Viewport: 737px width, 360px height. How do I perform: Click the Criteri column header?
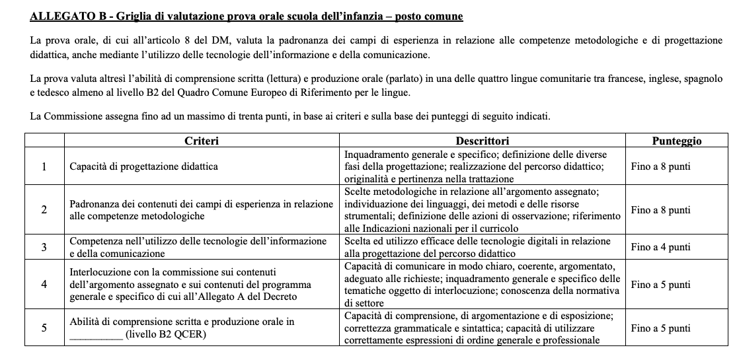(x=202, y=141)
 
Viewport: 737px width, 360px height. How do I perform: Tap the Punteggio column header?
(x=676, y=141)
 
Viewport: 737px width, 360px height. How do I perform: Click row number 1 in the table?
(x=44, y=167)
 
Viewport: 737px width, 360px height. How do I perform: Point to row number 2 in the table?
(x=44, y=210)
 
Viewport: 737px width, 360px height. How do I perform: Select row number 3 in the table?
(x=44, y=247)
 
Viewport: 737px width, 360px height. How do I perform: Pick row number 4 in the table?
(x=44, y=285)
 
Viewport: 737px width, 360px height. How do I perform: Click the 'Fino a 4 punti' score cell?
(x=660, y=247)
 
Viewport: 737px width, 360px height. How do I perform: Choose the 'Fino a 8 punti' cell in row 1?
(x=660, y=167)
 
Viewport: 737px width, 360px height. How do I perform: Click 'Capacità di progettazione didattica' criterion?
(x=144, y=167)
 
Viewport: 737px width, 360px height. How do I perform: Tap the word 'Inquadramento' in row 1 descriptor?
(x=378, y=154)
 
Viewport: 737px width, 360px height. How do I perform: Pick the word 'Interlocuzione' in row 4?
(x=99, y=271)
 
